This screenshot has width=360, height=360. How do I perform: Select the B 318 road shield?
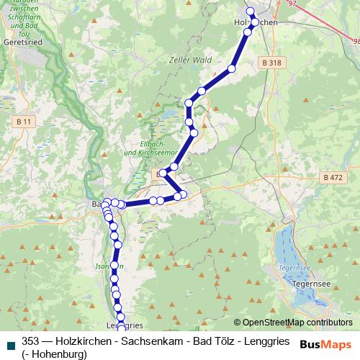pos(271,63)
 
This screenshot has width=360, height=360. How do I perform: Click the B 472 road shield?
pos(333,177)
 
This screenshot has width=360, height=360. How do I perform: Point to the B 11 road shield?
pos(24,122)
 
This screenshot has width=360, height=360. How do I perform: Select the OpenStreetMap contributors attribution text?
pos(297,323)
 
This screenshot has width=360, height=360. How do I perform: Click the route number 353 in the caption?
pos(31,341)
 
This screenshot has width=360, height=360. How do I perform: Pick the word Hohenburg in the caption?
pos(56,354)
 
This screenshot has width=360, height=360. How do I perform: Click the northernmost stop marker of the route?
pos(251,11)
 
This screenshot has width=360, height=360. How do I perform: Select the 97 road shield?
pos(292,4)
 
